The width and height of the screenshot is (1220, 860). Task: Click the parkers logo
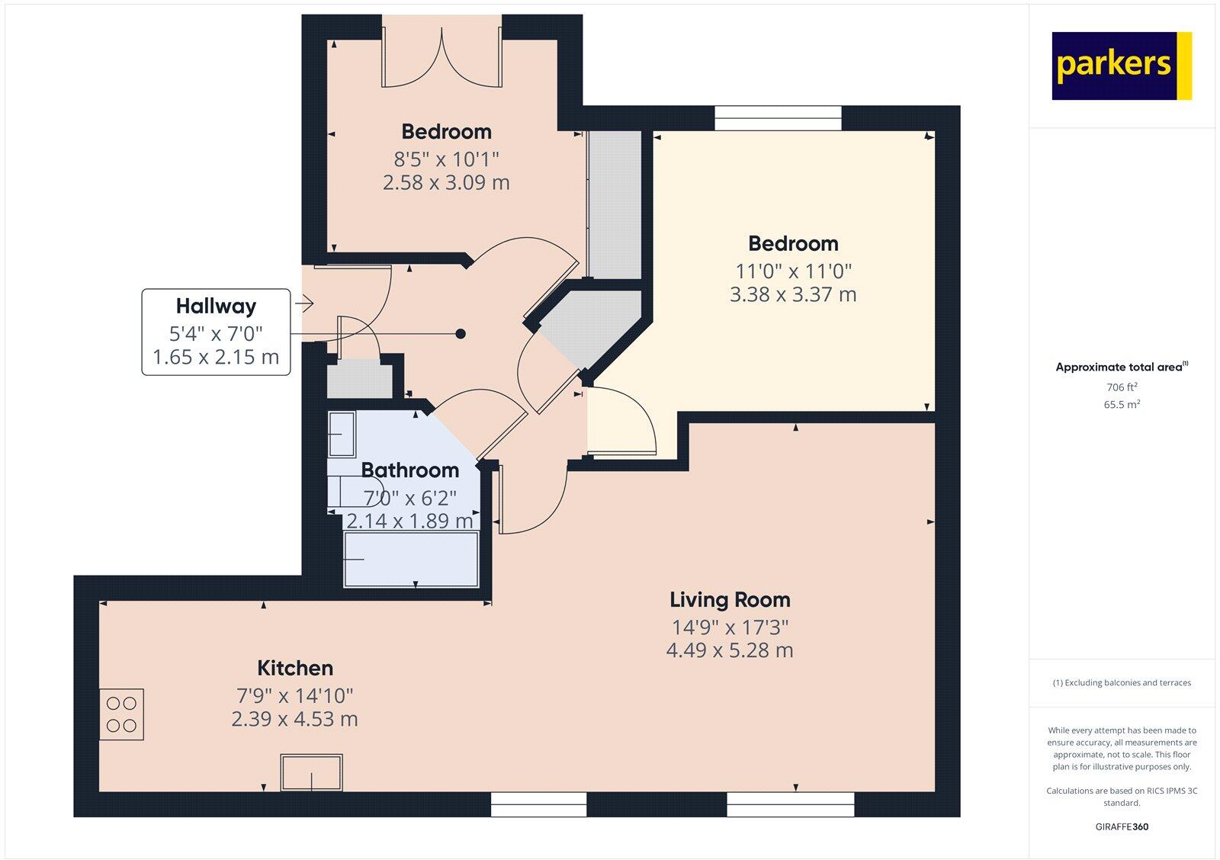1121,66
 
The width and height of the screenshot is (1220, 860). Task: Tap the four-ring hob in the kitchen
121,714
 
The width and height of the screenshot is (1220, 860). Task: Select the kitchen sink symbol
311,772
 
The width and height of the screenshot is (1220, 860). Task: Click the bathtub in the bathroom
411,560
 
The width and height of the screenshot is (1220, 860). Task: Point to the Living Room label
730,599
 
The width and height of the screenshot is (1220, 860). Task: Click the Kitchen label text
295,668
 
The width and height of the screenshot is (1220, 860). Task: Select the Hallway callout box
216,332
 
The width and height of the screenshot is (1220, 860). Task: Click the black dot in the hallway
461,334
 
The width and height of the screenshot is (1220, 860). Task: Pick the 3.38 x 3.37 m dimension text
793,294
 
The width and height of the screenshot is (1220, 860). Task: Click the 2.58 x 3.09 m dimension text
446,182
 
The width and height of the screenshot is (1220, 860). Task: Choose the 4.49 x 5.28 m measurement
730,650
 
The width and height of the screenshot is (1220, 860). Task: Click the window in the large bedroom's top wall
778,118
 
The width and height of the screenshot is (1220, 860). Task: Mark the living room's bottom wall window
790,804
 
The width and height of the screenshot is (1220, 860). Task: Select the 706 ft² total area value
1122,387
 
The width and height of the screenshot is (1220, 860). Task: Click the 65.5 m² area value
1122,405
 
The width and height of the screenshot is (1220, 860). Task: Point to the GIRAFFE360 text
1122,826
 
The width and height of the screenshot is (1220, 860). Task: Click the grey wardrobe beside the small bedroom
615,204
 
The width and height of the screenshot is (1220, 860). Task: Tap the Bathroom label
409,470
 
